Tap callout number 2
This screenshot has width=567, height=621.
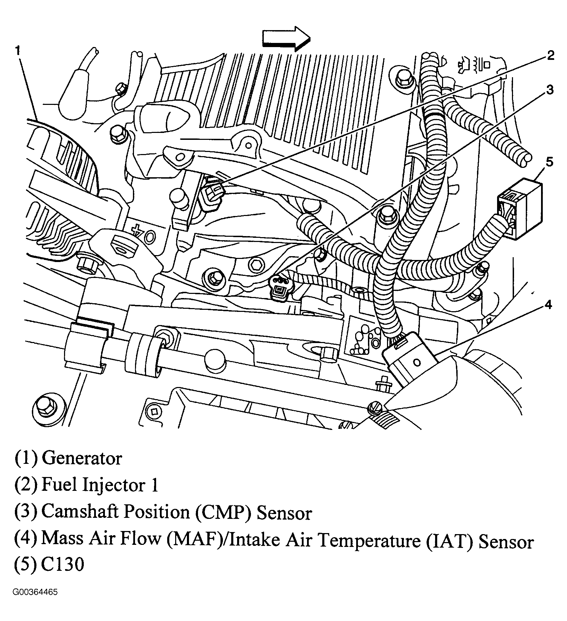[x=550, y=55]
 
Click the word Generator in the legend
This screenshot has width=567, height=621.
[x=82, y=459]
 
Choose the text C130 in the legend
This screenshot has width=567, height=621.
[x=62, y=565]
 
